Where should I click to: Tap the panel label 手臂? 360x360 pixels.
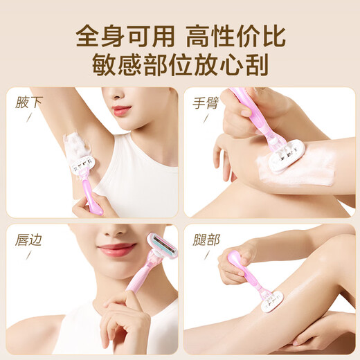pyautogui.click(x=206, y=102)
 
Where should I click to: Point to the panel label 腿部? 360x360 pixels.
pyautogui.click(x=206, y=240)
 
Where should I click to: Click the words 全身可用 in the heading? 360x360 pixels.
pyautogui.click(x=118, y=35)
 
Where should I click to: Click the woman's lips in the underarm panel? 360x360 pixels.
pyautogui.click(x=121, y=109)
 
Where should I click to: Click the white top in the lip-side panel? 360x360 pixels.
pyautogui.click(x=76, y=332)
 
